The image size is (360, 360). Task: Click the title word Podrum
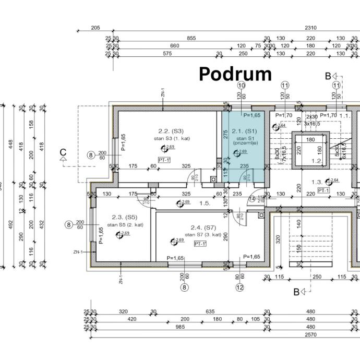click(x=235, y=74)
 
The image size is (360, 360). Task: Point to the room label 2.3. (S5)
click(x=124, y=217)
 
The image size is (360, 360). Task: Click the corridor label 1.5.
click(x=205, y=203)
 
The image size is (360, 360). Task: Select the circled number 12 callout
click(x=240, y=286)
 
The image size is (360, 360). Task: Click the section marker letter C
click(x=63, y=153)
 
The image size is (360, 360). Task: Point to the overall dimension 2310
click(x=311, y=28)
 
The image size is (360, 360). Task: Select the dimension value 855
click(x=191, y=38)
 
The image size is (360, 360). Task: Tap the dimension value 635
click(x=210, y=311)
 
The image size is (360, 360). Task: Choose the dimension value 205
click(x=95, y=28)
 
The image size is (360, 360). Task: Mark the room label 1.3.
click(x=316, y=182)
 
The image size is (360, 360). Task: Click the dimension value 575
click(x=167, y=53)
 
